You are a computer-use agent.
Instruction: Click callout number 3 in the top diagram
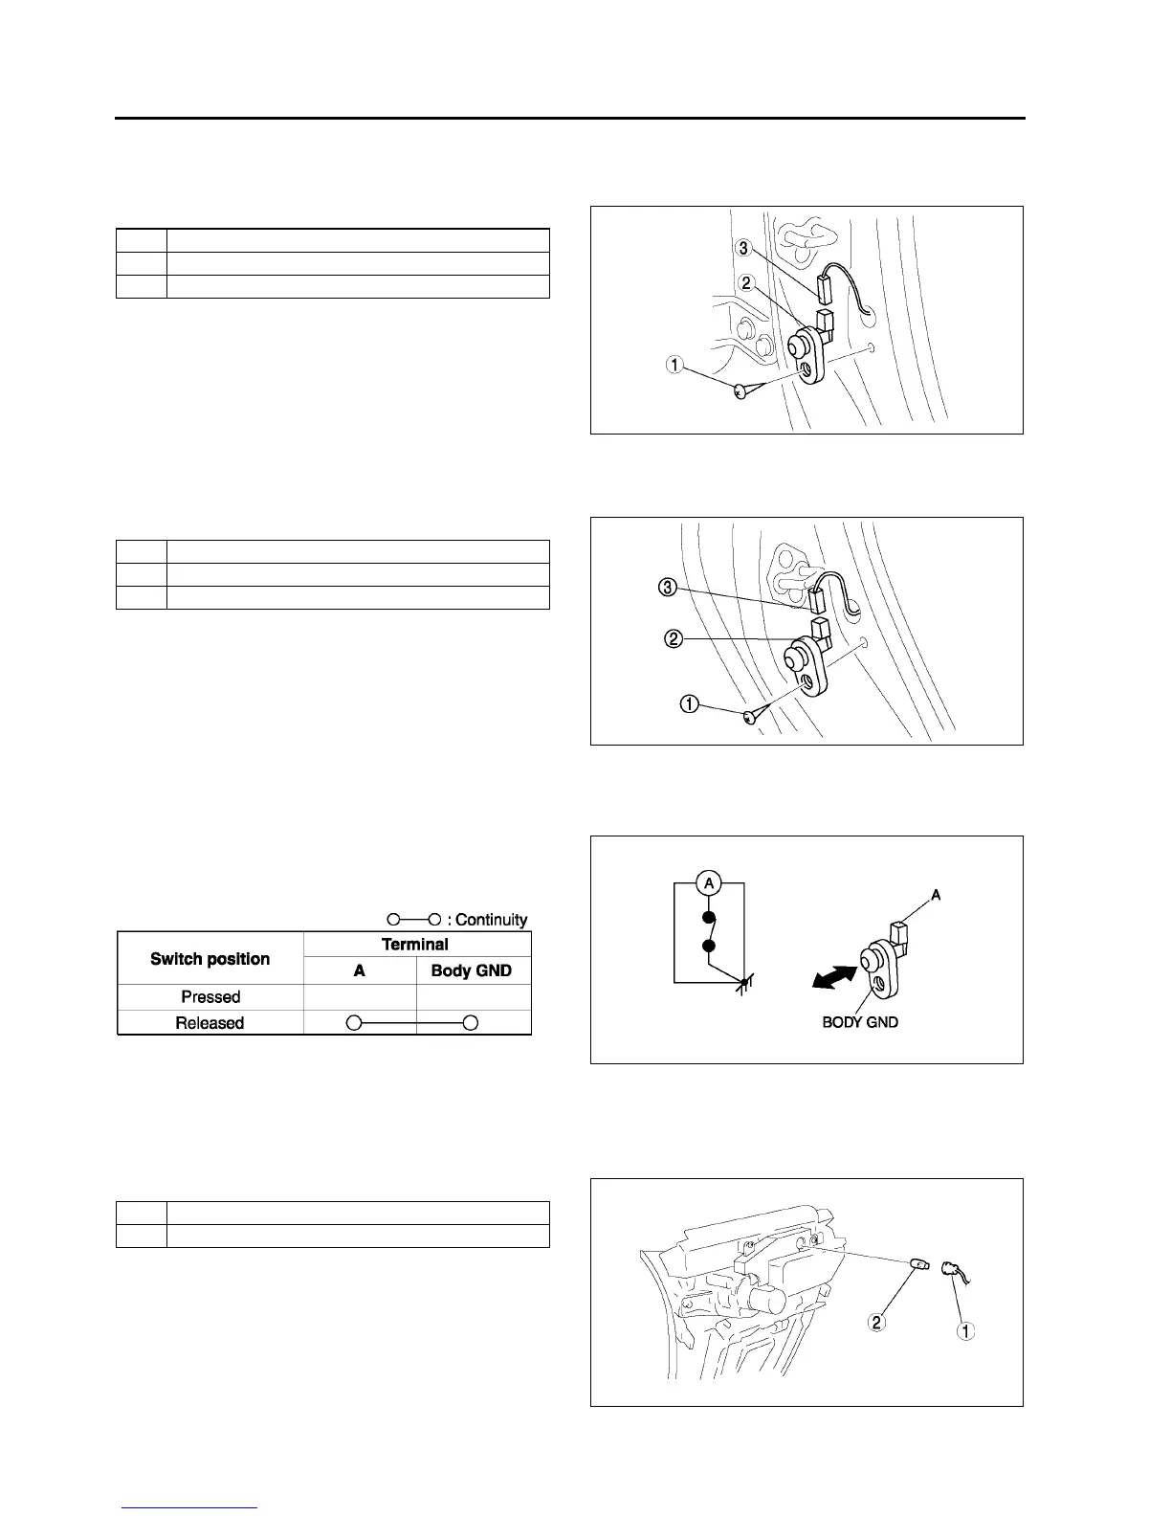(743, 249)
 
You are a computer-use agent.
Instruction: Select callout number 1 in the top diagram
(675, 365)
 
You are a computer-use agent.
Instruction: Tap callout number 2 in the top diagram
(745, 283)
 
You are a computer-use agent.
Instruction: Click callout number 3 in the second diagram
(668, 587)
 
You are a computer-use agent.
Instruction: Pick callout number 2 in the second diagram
(674, 638)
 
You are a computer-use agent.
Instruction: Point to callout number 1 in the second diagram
(689, 704)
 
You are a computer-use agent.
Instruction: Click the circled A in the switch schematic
(709, 882)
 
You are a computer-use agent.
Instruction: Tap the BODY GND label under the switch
(860, 1022)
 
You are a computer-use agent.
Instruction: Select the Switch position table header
(210, 959)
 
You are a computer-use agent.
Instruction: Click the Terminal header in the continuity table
(415, 945)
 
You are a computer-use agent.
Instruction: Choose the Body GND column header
(472, 970)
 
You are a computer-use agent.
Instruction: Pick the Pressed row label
(210, 996)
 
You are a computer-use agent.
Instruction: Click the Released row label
(210, 1023)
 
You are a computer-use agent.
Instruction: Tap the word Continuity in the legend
(492, 920)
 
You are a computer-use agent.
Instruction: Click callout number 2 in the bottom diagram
(876, 1323)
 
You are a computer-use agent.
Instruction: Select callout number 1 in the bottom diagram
(966, 1330)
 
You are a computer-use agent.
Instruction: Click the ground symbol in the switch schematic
(743, 984)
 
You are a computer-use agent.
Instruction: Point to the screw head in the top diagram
(740, 390)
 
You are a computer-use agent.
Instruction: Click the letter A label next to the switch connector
(936, 895)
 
